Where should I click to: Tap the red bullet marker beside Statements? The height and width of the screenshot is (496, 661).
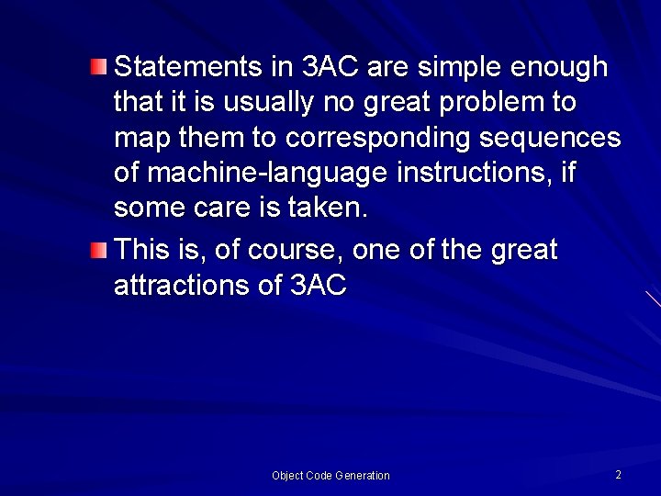[x=99, y=66]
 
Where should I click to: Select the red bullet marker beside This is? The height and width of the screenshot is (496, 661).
[x=99, y=250]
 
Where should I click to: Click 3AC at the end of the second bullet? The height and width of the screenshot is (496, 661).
[x=318, y=285]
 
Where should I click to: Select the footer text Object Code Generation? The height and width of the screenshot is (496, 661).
[x=330, y=475]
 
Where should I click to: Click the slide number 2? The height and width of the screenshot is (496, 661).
[x=618, y=475]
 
